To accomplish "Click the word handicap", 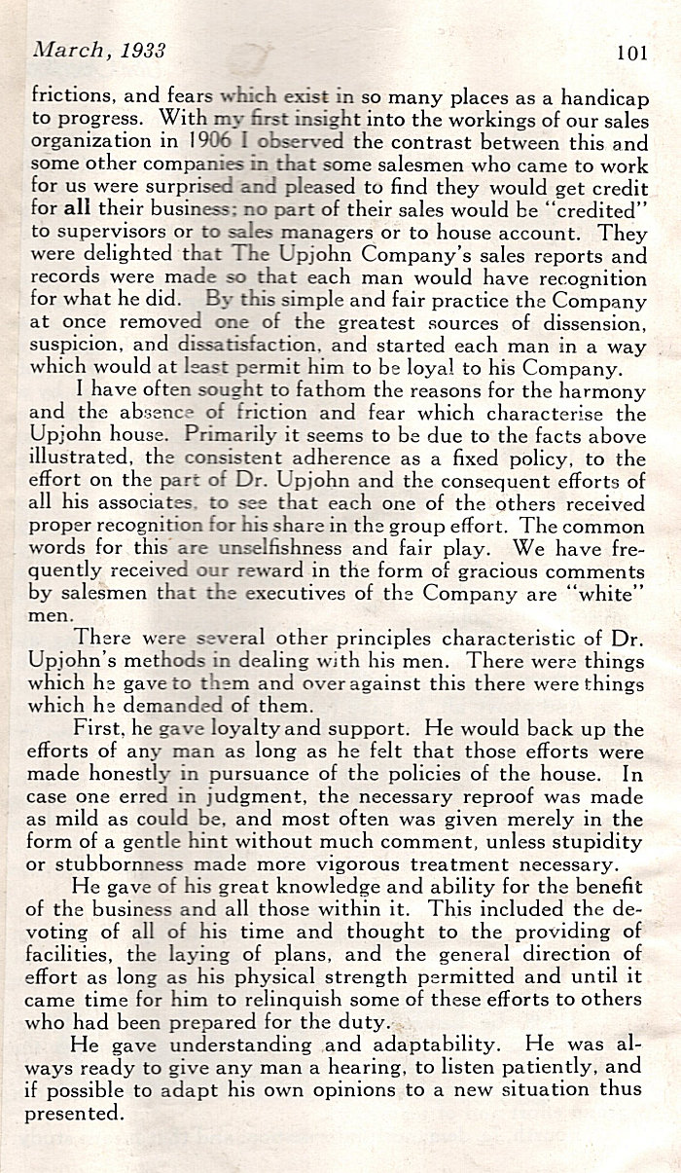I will pyautogui.click(x=609, y=96).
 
